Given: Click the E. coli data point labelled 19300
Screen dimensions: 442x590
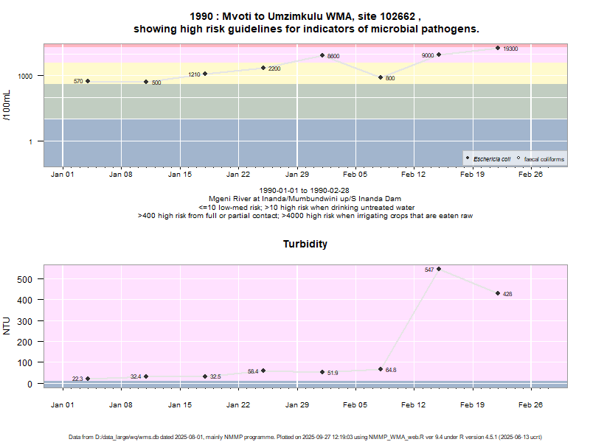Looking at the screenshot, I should [498, 48].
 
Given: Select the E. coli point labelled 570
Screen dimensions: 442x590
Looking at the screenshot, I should [88, 81].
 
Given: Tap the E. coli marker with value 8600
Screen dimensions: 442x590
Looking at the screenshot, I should [322, 55].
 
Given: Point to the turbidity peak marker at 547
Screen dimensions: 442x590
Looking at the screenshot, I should [439, 269].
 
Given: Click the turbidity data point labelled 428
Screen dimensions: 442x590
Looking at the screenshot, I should [498, 293].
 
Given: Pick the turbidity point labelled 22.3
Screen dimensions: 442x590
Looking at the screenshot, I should [88, 379].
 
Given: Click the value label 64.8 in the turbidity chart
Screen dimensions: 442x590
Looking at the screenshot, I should [391, 370].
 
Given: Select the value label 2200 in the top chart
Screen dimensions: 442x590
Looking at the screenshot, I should [274, 69].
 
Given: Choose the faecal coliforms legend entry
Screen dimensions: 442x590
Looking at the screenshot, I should [541, 158].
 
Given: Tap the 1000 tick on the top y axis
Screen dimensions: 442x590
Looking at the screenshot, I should [27, 76].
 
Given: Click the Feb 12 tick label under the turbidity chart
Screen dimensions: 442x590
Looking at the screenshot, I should [414, 405].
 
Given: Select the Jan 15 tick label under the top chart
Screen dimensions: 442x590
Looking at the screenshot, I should [180, 175].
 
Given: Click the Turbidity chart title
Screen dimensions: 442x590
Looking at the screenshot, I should [305, 244].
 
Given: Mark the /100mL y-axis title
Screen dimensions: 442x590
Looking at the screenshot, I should [7, 105].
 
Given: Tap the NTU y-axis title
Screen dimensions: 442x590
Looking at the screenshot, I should [7, 326].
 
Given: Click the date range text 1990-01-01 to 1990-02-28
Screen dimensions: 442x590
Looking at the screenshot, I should [305, 190].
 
